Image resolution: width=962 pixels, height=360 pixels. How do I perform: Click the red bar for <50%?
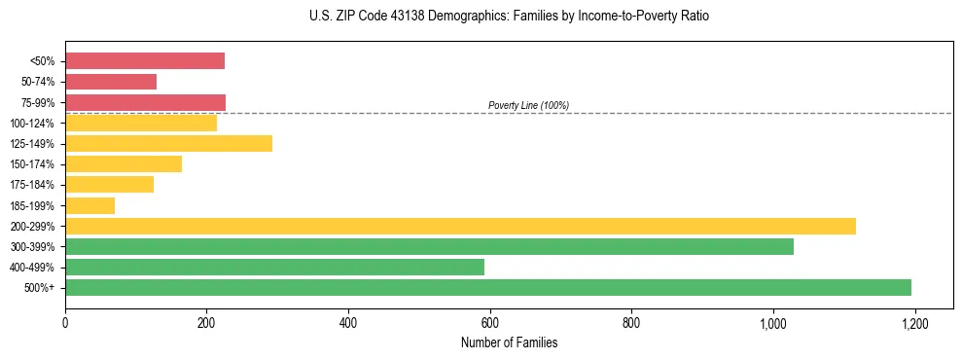pyautogui.click(x=145, y=61)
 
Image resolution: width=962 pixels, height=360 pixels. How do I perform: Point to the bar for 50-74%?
pyautogui.click(x=111, y=82)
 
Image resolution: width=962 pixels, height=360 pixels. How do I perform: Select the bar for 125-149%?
pyautogui.click(x=168, y=144)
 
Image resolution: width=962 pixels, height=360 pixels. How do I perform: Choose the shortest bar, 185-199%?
pyautogui.click(x=89, y=205)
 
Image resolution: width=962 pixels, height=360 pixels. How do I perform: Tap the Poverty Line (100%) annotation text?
pyautogui.click(x=528, y=105)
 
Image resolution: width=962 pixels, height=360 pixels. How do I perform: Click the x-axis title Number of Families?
pyautogui.click(x=509, y=342)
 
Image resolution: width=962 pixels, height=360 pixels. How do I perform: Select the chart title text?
pyautogui.click(x=510, y=17)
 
